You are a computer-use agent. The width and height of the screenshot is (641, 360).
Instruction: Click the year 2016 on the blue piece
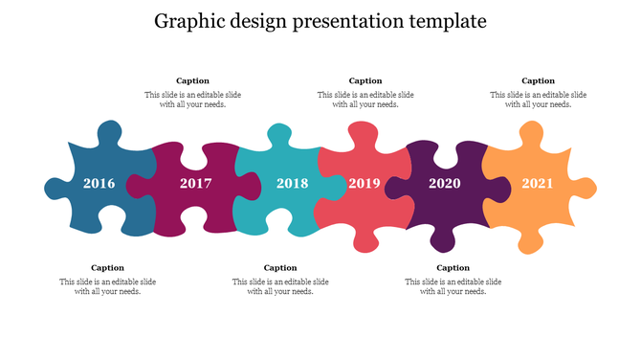tap(99, 183)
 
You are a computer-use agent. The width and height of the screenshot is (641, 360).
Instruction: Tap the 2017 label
tap(195, 183)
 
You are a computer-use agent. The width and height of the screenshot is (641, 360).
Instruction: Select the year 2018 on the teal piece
tap(292, 183)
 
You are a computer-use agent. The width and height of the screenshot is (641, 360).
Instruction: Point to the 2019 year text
tap(365, 183)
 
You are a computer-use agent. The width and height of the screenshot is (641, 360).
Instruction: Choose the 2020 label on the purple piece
tap(444, 183)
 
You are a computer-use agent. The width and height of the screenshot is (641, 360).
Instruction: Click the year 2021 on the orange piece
tap(537, 183)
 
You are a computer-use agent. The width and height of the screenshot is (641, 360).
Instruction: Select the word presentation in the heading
tap(335, 21)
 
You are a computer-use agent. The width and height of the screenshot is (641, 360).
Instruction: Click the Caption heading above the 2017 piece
tap(192, 81)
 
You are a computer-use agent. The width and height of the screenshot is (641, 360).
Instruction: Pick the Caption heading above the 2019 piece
tap(365, 81)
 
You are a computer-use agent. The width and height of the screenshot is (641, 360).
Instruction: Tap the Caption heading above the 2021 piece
tap(538, 81)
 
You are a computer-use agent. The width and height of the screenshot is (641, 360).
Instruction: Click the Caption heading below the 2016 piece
tap(107, 268)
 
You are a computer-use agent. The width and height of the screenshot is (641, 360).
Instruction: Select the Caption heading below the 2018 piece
tap(280, 268)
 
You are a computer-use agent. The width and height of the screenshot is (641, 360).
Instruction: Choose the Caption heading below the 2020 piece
tap(453, 268)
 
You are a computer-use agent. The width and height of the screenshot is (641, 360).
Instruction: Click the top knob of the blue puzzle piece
tap(108, 131)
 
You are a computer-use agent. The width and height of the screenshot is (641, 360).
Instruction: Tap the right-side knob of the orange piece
tap(586, 186)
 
